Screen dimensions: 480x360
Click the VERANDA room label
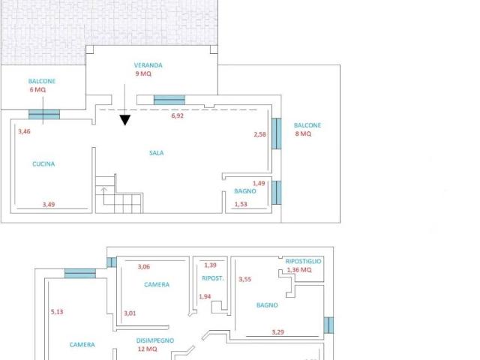[148, 65]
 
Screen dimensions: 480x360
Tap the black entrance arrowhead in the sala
[125, 120]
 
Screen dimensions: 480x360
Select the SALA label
[157, 153]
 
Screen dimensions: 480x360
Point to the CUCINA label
[43, 163]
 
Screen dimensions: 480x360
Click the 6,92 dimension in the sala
[178, 115]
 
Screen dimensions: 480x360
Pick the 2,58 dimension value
[260, 134]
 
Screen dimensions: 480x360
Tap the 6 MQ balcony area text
[37, 90]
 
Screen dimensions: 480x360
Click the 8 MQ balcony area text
[303, 133]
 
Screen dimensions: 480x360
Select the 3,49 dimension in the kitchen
[49, 205]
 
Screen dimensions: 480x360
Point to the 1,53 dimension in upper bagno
[241, 204]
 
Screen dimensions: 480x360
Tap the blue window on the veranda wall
[169, 100]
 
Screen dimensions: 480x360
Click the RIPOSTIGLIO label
[303, 261]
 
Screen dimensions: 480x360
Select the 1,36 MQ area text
[299, 270]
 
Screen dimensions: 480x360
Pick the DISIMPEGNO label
[155, 340]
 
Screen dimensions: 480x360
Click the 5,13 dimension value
[57, 312]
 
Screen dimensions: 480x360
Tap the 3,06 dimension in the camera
[144, 267]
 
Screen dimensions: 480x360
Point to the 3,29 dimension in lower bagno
[278, 331]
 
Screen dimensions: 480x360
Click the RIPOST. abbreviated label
[213, 278]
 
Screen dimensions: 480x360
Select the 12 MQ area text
[147, 349]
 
